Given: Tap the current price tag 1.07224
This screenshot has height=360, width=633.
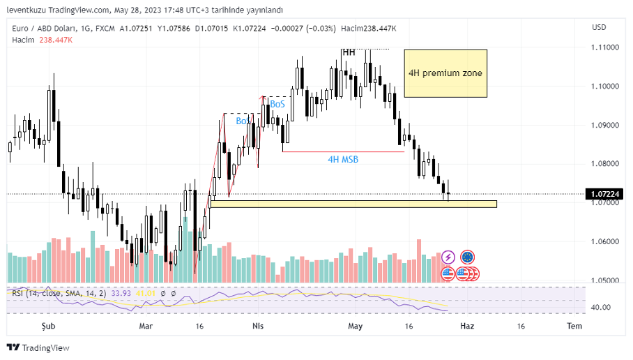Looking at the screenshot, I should tap(604, 194).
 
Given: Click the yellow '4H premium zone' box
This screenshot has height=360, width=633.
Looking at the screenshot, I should tap(445, 73).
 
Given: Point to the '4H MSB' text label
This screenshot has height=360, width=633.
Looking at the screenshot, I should tap(343, 159).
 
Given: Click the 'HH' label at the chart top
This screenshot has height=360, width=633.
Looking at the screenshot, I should tap(349, 52).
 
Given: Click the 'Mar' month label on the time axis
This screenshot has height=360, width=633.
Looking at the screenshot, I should tap(146, 326).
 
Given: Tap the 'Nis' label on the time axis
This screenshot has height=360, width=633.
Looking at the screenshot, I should tap(257, 326).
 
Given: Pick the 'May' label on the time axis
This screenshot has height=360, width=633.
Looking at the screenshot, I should tap(356, 326).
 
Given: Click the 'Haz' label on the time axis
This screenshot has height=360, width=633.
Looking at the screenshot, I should tap(468, 326).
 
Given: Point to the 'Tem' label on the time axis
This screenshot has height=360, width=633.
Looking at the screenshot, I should tap(574, 326).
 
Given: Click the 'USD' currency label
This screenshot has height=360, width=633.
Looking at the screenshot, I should tap(598, 27).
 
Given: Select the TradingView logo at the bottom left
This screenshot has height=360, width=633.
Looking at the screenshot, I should tap(38, 347).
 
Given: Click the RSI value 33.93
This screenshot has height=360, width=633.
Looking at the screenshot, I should tap(120, 293).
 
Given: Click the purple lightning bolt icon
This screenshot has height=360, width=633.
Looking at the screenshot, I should tap(448, 257).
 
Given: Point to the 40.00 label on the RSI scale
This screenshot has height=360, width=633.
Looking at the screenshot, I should tap(601, 308).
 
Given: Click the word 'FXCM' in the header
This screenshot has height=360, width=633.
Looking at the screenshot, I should tap(104, 29).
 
